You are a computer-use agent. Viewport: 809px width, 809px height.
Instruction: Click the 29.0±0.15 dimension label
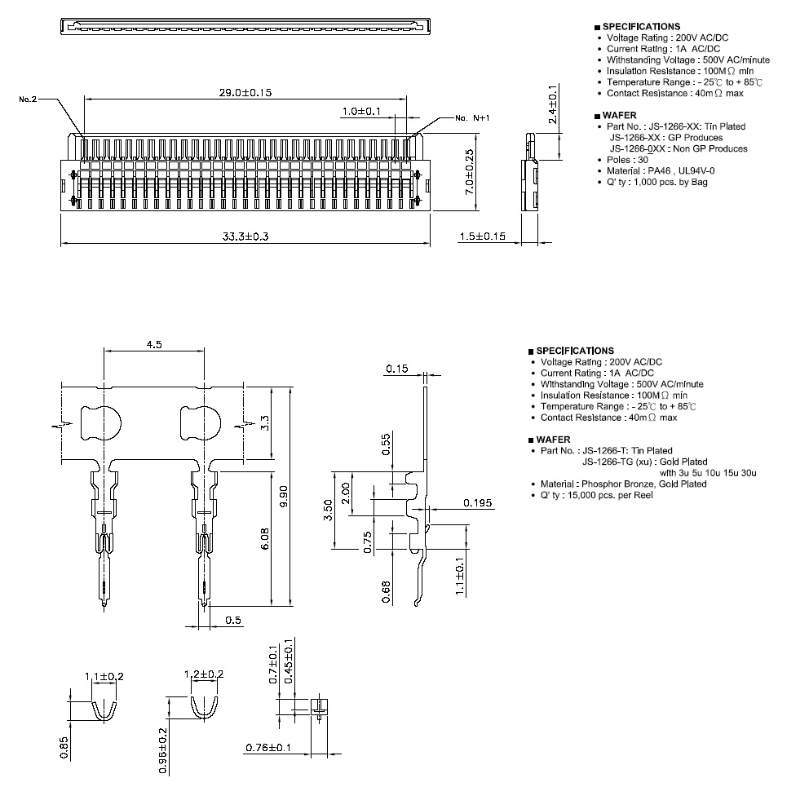click(x=245, y=93)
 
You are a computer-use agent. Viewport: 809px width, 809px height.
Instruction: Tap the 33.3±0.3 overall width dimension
click(x=245, y=237)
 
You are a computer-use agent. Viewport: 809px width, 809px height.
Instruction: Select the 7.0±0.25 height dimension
click(x=469, y=172)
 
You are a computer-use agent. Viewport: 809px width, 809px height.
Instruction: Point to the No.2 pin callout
click(x=28, y=99)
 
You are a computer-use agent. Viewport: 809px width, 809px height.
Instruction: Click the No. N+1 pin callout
click(x=472, y=118)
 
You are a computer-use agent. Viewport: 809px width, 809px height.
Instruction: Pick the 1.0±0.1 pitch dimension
click(x=361, y=112)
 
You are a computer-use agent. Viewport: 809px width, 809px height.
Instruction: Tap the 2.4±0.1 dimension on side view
click(x=553, y=104)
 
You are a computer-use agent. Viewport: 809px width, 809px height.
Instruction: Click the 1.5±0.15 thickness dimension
click(x=483, y=237)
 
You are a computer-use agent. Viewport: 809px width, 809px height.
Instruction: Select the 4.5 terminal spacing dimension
click(x=154, y=345)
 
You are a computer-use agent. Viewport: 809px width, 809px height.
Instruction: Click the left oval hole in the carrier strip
click(x=100, y=423)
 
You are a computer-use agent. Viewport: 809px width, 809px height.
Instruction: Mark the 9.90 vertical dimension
click(x=283, y=497)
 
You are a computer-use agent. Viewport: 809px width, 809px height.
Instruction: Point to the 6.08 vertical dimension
click(x=265, y=538)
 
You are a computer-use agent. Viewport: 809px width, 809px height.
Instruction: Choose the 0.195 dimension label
click(x=477, y=503)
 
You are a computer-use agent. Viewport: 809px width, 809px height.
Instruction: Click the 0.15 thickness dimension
click(x=397, y=369)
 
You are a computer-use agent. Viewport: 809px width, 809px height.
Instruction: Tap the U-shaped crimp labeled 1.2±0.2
click(x=205, y=707)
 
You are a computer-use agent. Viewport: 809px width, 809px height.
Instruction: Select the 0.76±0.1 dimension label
click(x=268, y=748)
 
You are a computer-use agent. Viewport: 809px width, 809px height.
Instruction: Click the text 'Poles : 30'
click(x=627, y=160)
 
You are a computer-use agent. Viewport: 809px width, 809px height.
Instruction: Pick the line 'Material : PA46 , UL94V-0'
click(x=661, y=170)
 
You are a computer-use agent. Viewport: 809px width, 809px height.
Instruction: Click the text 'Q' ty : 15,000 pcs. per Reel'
click(x=596, y=495)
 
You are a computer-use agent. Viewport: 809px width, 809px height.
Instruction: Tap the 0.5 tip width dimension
click(x=233, y=620)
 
